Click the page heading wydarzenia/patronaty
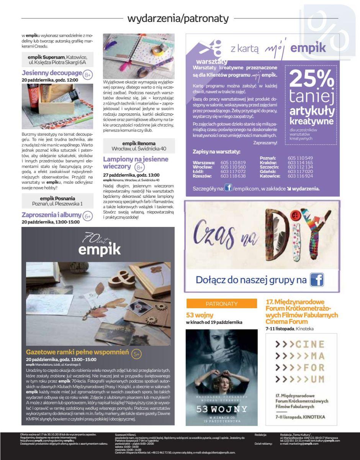(x=178, y=18)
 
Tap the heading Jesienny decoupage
(x=52, y=73)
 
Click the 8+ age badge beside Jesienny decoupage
(x=88, y=74)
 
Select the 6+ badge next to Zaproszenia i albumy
(x=88, y=216)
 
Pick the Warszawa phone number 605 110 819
(x=233, y=163)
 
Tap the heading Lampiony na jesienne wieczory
(x=136, y=163)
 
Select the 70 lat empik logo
(x=99, y=245)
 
